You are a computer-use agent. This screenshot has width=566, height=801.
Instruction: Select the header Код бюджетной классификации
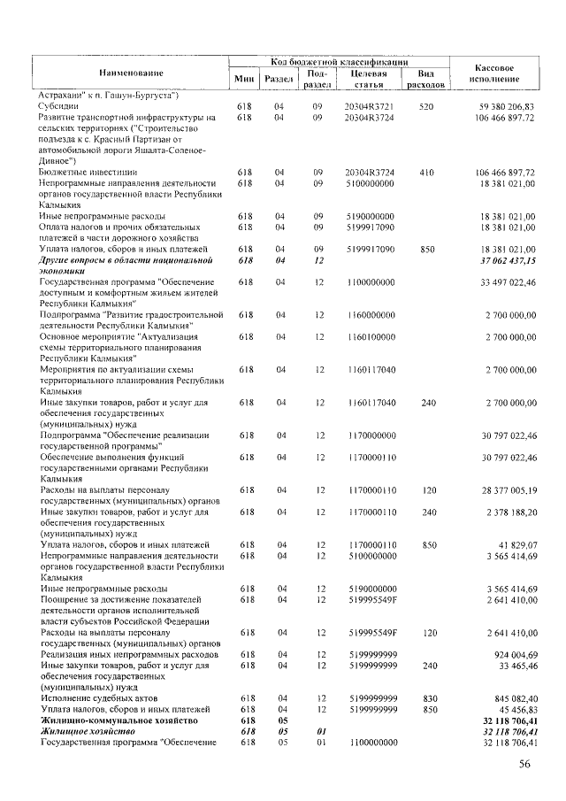coord(339,63)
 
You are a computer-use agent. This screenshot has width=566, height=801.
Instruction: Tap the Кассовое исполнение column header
coord(494,73)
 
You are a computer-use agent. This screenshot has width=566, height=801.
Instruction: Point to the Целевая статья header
coord(369,79)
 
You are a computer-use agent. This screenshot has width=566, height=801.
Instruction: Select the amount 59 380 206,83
coord(501,106)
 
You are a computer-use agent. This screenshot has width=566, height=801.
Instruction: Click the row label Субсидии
coord(61,106)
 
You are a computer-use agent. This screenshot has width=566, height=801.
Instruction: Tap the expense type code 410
coord(426,172)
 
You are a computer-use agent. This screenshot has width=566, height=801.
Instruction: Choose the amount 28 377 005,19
coord(501,489)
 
